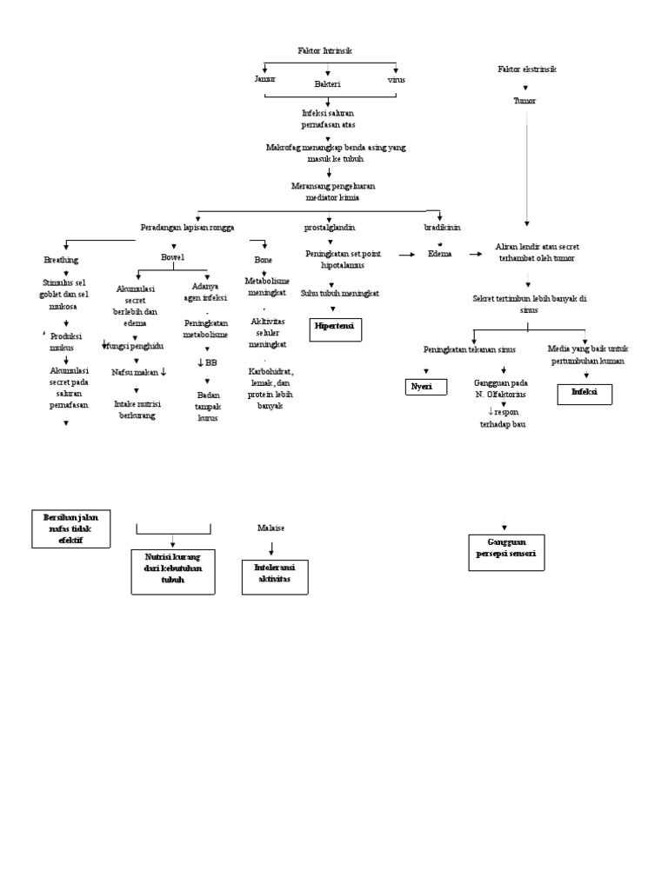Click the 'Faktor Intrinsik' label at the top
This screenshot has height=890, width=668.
coord(324,51)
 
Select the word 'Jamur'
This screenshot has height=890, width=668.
coord(264,79)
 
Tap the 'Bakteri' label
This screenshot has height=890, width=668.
coord(328,84)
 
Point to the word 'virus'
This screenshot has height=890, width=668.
coord(396,79)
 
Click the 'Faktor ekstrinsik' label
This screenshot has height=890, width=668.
coord(527,69)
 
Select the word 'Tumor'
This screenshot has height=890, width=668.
coord(524,101)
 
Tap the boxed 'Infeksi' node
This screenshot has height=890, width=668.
coord(584,394)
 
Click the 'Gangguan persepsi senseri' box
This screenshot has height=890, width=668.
coord(506,552)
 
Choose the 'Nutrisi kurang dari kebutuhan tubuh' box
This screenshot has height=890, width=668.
coord(173,572)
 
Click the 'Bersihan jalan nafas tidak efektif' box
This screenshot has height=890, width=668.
coord(71,529)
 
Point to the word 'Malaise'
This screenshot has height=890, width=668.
coord(271,528)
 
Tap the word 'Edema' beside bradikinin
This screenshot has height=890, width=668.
coord(440,255)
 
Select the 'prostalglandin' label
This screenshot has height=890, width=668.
coord(330,227)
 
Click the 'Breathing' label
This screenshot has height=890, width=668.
coord(61,260)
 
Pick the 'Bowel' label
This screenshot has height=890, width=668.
coord(173,257)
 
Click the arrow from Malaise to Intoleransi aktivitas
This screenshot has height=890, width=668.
coord(272,548)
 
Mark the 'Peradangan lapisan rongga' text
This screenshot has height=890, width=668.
coord(187,227)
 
